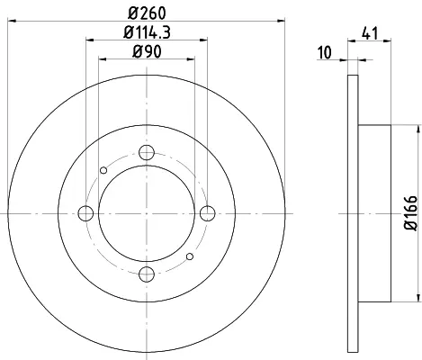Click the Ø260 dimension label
[147, 13]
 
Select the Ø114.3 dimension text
[147, 32]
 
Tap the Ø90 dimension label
[147, 51]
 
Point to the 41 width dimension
[370, 33]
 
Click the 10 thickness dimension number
[325, 52]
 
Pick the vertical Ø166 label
[410, 213]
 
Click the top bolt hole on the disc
[147, 152]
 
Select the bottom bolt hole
[147, 274]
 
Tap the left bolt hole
[85, 213]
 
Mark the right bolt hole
[208, 213]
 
